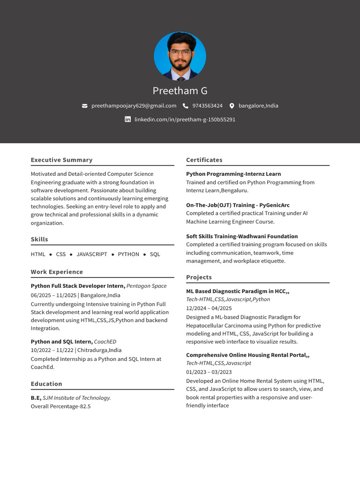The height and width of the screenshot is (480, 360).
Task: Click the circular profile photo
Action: tap(180, 56)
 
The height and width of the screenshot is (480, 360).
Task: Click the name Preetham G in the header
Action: tap(180, 90)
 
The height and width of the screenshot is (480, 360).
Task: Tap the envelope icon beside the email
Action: tap(85, 106)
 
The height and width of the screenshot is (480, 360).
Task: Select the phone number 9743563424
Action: tap(207, 106)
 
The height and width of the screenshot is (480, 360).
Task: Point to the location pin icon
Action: tap(232, 106)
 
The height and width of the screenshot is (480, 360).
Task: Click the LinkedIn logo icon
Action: tap(127, 120)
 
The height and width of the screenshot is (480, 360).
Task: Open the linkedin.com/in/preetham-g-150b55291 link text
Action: tap(185, 120)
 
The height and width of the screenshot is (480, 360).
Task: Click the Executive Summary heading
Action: tap(61, 160)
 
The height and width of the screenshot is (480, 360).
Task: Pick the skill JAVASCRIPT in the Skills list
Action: tap(92, 254)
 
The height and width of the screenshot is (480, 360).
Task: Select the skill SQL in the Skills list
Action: tap(155, 254)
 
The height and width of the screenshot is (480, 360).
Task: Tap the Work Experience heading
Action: tap(57, 272)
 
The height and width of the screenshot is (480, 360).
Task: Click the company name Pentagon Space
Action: tap(146, 286)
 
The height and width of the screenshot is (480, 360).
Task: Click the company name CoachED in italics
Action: tap(105, 342)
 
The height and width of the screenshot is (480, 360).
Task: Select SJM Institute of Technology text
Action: tap(76, 398)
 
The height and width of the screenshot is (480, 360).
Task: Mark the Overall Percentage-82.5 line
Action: tap(60, 406)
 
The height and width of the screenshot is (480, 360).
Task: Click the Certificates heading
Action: tap(204, 160)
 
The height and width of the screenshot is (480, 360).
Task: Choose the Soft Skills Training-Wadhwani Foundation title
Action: tap(241, 236)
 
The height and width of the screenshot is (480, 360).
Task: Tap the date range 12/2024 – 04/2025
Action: tap(209, 308)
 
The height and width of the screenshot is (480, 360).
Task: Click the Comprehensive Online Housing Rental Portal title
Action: tap(247, 355)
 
